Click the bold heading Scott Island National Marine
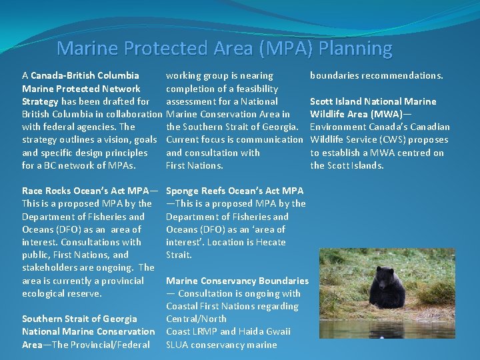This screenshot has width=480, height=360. (x=373, y=101)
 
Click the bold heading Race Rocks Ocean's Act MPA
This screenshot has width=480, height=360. (x=85, y=191)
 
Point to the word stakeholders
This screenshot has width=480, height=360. (x=50, y=267)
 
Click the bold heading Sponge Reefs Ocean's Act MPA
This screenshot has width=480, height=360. (x=234, y=191)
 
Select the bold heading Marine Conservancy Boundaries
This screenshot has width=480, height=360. (x=237, y=281)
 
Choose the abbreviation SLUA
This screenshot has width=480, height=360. (x=179, y=345)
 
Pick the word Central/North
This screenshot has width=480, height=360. (x=196, y=319)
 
